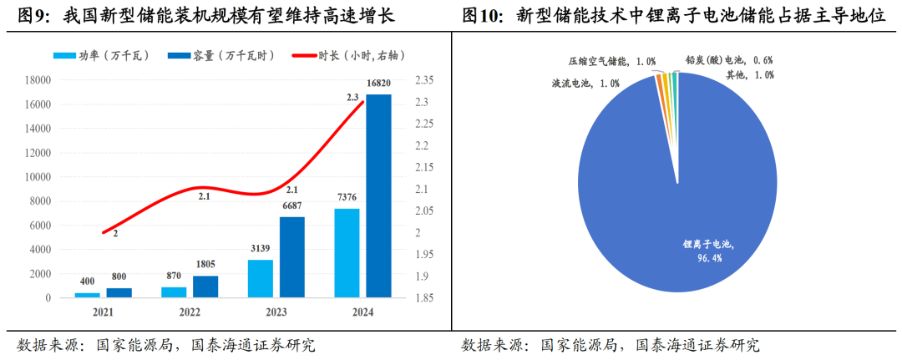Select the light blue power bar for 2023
(x=261, y=278)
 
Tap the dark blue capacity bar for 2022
(x=205, y=286)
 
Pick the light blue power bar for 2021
(x=87, y=295)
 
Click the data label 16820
(x=378, y=84)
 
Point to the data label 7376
(x=347, y=197)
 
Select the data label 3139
(x=261, y=249)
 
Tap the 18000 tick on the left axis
(x=38, y=80)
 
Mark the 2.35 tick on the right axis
(x=424, y=80)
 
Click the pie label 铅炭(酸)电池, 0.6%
(x=728, y=60)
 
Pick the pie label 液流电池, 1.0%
(x=585, y=83)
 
